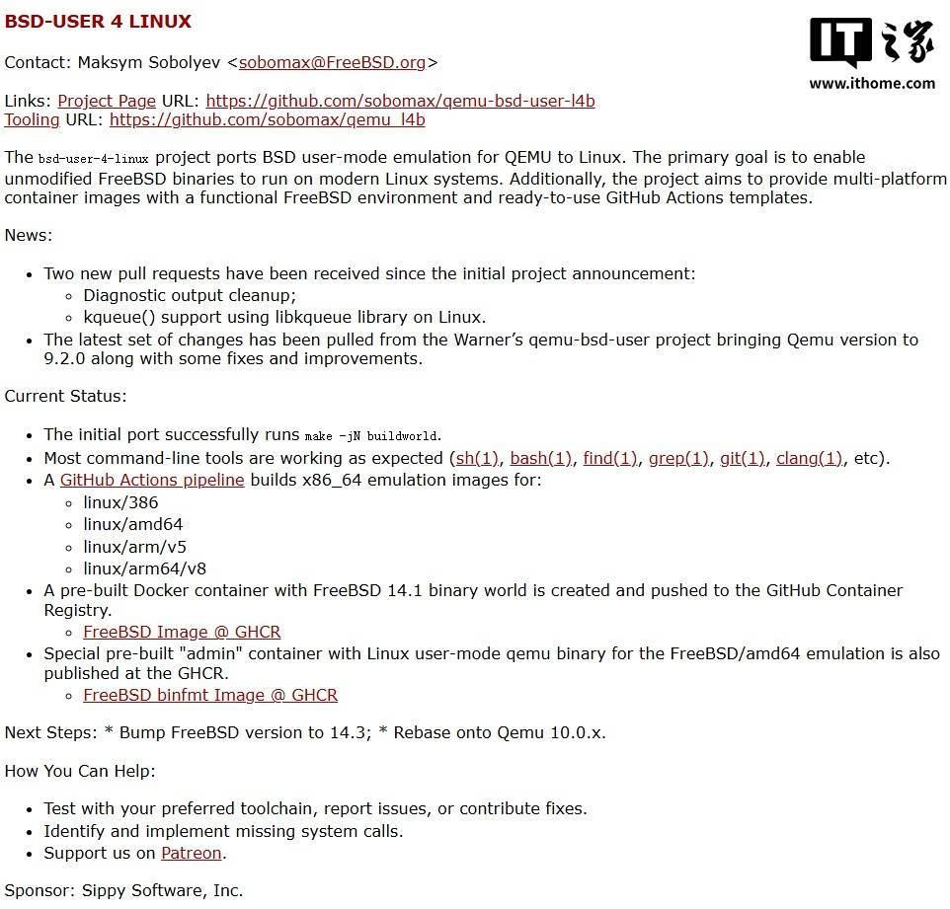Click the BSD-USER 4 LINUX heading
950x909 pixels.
pyautogui.click(x=98, y=22)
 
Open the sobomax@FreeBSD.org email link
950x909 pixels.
pyautogui.click(x=332, y=62)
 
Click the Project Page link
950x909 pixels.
pyautogui.click(x=107, y=101)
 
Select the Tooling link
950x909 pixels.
pyautogui.click(x=32, y=120)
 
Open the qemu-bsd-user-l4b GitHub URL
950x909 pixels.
pyautogui.click(x=400, y=101)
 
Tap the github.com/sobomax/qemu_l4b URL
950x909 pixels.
pyautogui.click(x=267, y=120)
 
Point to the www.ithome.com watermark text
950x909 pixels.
pyautogui.click(x=871, y=84)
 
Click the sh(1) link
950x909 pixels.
pyautogui.click(x=477, y=458)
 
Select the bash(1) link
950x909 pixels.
pyautogui.click(x=540, y=458)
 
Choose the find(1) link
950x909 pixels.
pyautogui.click(x=609, y=458)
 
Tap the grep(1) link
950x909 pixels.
pyautogui.click(x=678, y=458)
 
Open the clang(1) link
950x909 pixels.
pyautogui.click(x=809, y=458)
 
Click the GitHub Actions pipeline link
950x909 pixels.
pyautogui.click(x=152, y=481)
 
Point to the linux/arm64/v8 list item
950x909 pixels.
pyautogui.click(x=144, y=568)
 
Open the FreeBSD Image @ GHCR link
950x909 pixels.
pyautogui.click(x=182, y=632)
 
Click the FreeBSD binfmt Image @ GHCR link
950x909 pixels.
pyautogui.click(x=210, y=695)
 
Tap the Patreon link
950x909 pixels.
pyautogui.click(x=192, y=853)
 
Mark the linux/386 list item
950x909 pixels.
pyautogui.click(x=120, y=502)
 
